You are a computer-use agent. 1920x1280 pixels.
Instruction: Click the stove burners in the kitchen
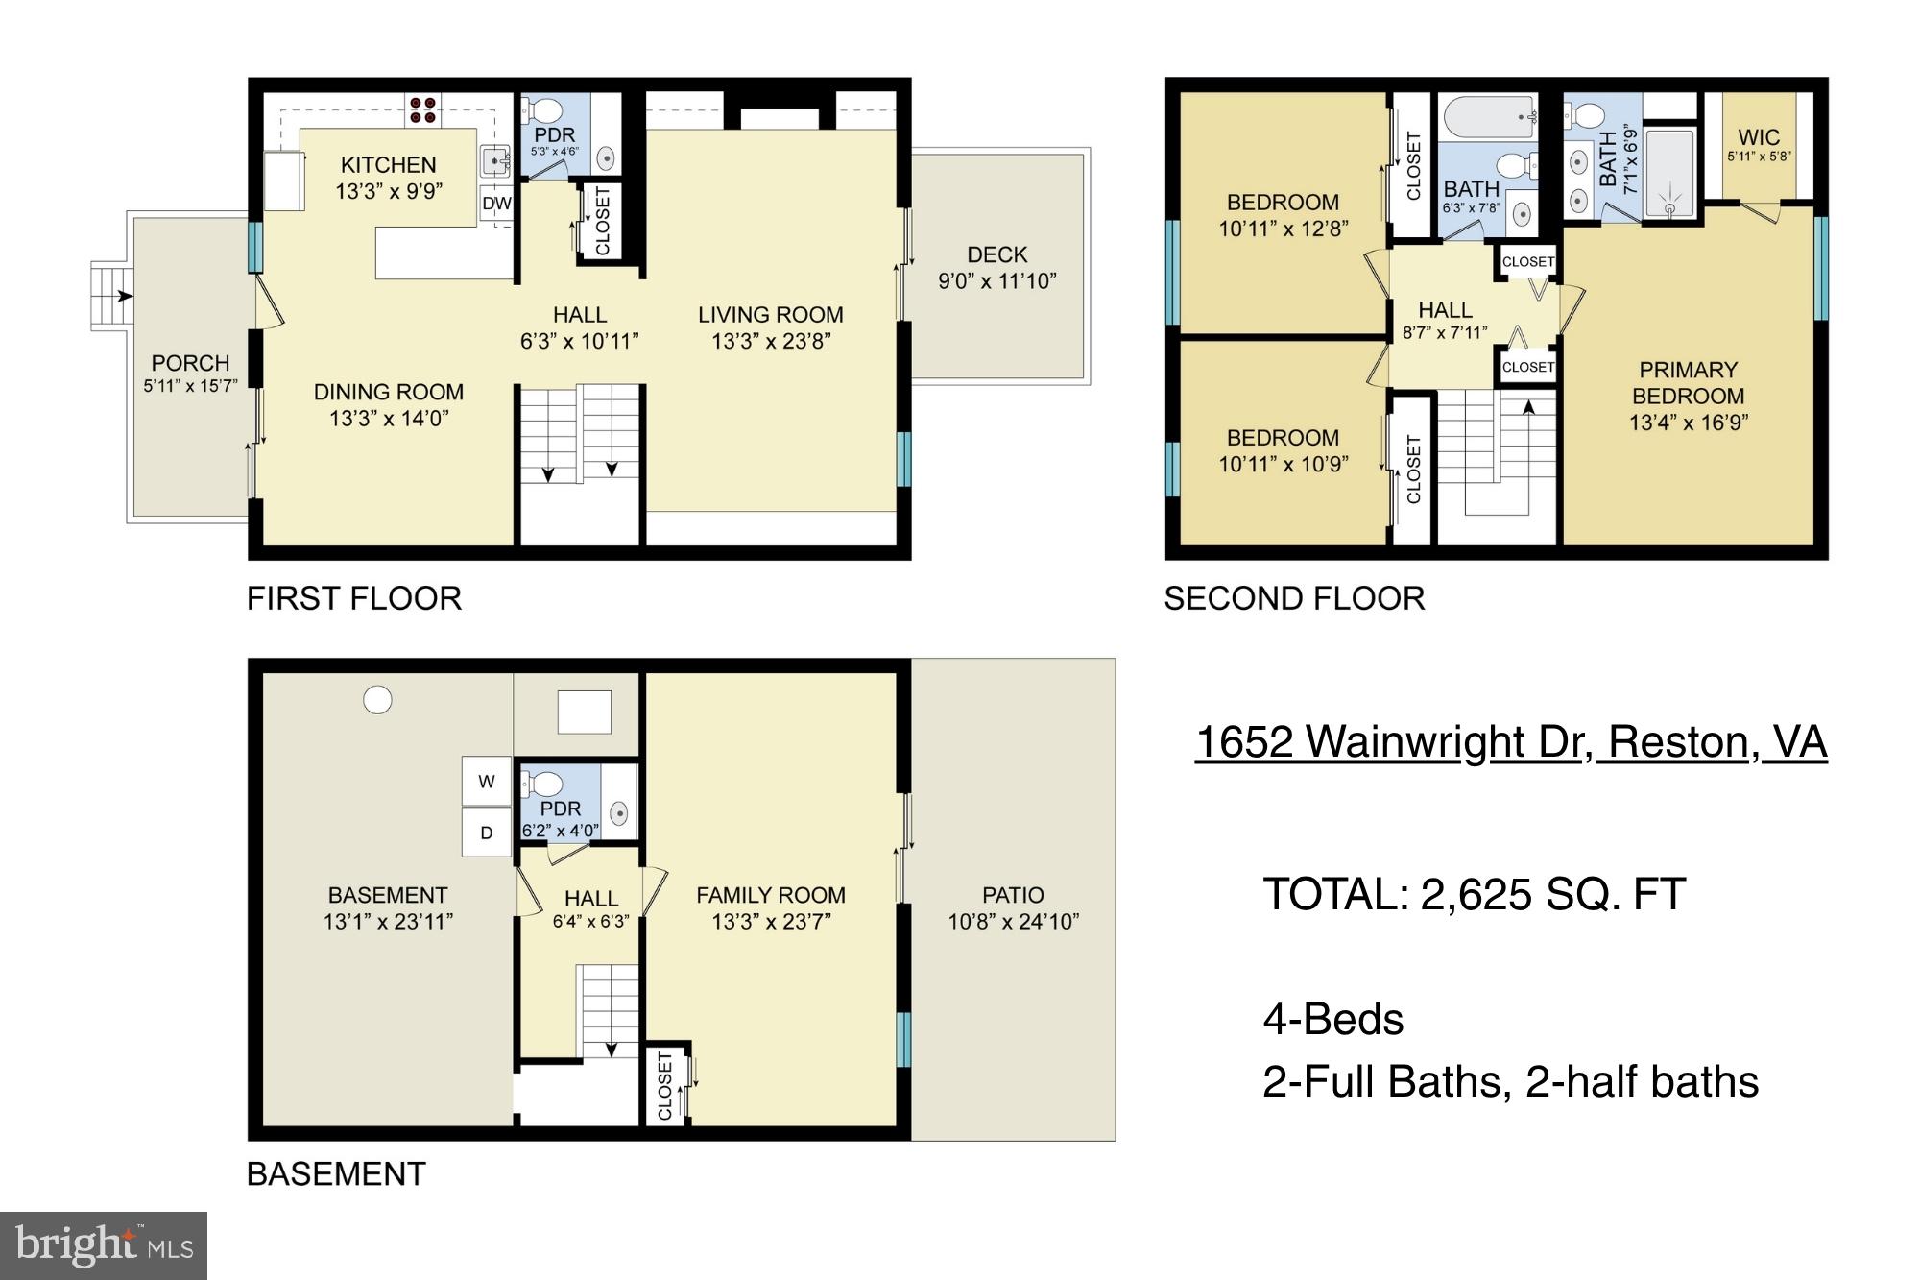pyautogui.click(x=423, y=109)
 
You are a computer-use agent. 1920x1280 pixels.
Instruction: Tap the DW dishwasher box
pyautogui.click(x=496, y=204)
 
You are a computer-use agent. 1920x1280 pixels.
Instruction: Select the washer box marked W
pyautogui.click(x=487, y=782)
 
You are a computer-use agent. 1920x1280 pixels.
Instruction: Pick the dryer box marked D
pyautogui.click(x=487, y=833)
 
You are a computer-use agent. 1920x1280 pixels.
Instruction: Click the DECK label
pyautogui.click(x=996, y=254)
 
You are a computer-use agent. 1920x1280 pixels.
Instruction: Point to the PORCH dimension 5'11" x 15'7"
pyautogui.click(x=190, y=386)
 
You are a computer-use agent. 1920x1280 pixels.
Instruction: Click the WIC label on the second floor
pyautogui.click(x=1759, y=137)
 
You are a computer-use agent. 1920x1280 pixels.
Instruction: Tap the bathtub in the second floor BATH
pyautogui.click(x=1487, y=116)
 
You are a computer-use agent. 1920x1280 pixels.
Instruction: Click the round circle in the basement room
pyautogui.click(x=377, y=700)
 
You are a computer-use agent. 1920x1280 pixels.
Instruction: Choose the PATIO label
pyautogui.click(x=1013, y=895)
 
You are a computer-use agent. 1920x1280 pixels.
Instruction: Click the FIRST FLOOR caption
pyautogui.click(x=354, y=598)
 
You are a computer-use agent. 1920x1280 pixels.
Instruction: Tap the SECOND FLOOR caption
pyautogui.click(x=1294, y=598)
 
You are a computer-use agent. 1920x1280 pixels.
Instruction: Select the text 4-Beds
pyautogui.click(x=1332, y=1019)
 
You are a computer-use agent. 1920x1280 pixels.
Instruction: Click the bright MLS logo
pyautogui.click(x=104, y=1244)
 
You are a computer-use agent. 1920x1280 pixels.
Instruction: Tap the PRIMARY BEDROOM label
pyautogui.click(x=1688, y=382)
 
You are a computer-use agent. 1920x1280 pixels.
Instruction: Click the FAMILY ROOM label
pyautogui.click(x=770, y=895)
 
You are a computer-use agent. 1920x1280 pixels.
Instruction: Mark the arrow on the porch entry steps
pyautogui.click(x=123, y=296)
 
